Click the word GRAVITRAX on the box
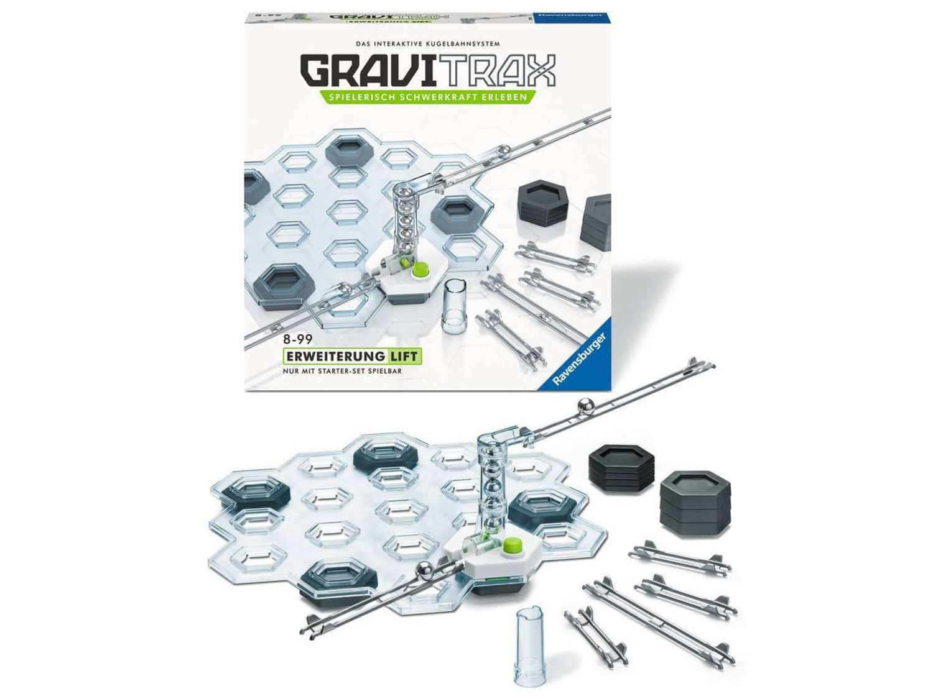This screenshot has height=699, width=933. click(x=428, y=71)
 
